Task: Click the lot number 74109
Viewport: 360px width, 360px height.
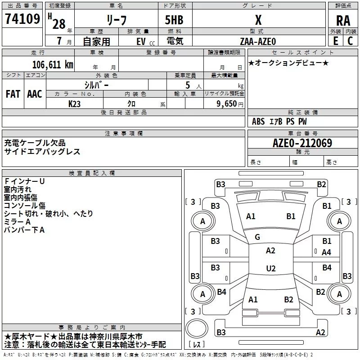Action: (22, 19)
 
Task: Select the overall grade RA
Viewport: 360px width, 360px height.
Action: (343, 21)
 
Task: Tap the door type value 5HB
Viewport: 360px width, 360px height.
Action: (174, 20)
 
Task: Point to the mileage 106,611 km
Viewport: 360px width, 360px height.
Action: (53, 65)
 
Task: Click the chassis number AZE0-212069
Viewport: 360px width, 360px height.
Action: (302, 143)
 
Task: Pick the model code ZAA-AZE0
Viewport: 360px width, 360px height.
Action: (257, 41)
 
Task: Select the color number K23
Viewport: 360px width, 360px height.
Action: (74, 104)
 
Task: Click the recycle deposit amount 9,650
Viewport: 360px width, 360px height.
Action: (226, 104)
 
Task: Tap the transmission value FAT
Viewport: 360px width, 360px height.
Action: (13, 94)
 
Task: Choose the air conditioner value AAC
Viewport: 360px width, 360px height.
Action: (35, 94)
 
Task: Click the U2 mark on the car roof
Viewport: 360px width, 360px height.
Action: (271, 268)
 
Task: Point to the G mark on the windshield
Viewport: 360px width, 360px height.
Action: (257, 237)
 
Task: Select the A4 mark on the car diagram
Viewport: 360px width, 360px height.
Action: (326, 252)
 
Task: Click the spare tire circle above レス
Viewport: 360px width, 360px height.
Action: (197, 328)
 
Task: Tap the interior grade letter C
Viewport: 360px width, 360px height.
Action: (350, 41)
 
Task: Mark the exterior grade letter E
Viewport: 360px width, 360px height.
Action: (336, 41)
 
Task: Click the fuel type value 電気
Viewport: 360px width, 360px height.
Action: (175, 41)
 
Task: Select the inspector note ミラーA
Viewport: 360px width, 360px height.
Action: (17, 222)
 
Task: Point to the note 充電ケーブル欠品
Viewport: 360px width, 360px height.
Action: (35, 143)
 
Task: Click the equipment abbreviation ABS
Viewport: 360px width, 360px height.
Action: (258, 121)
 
